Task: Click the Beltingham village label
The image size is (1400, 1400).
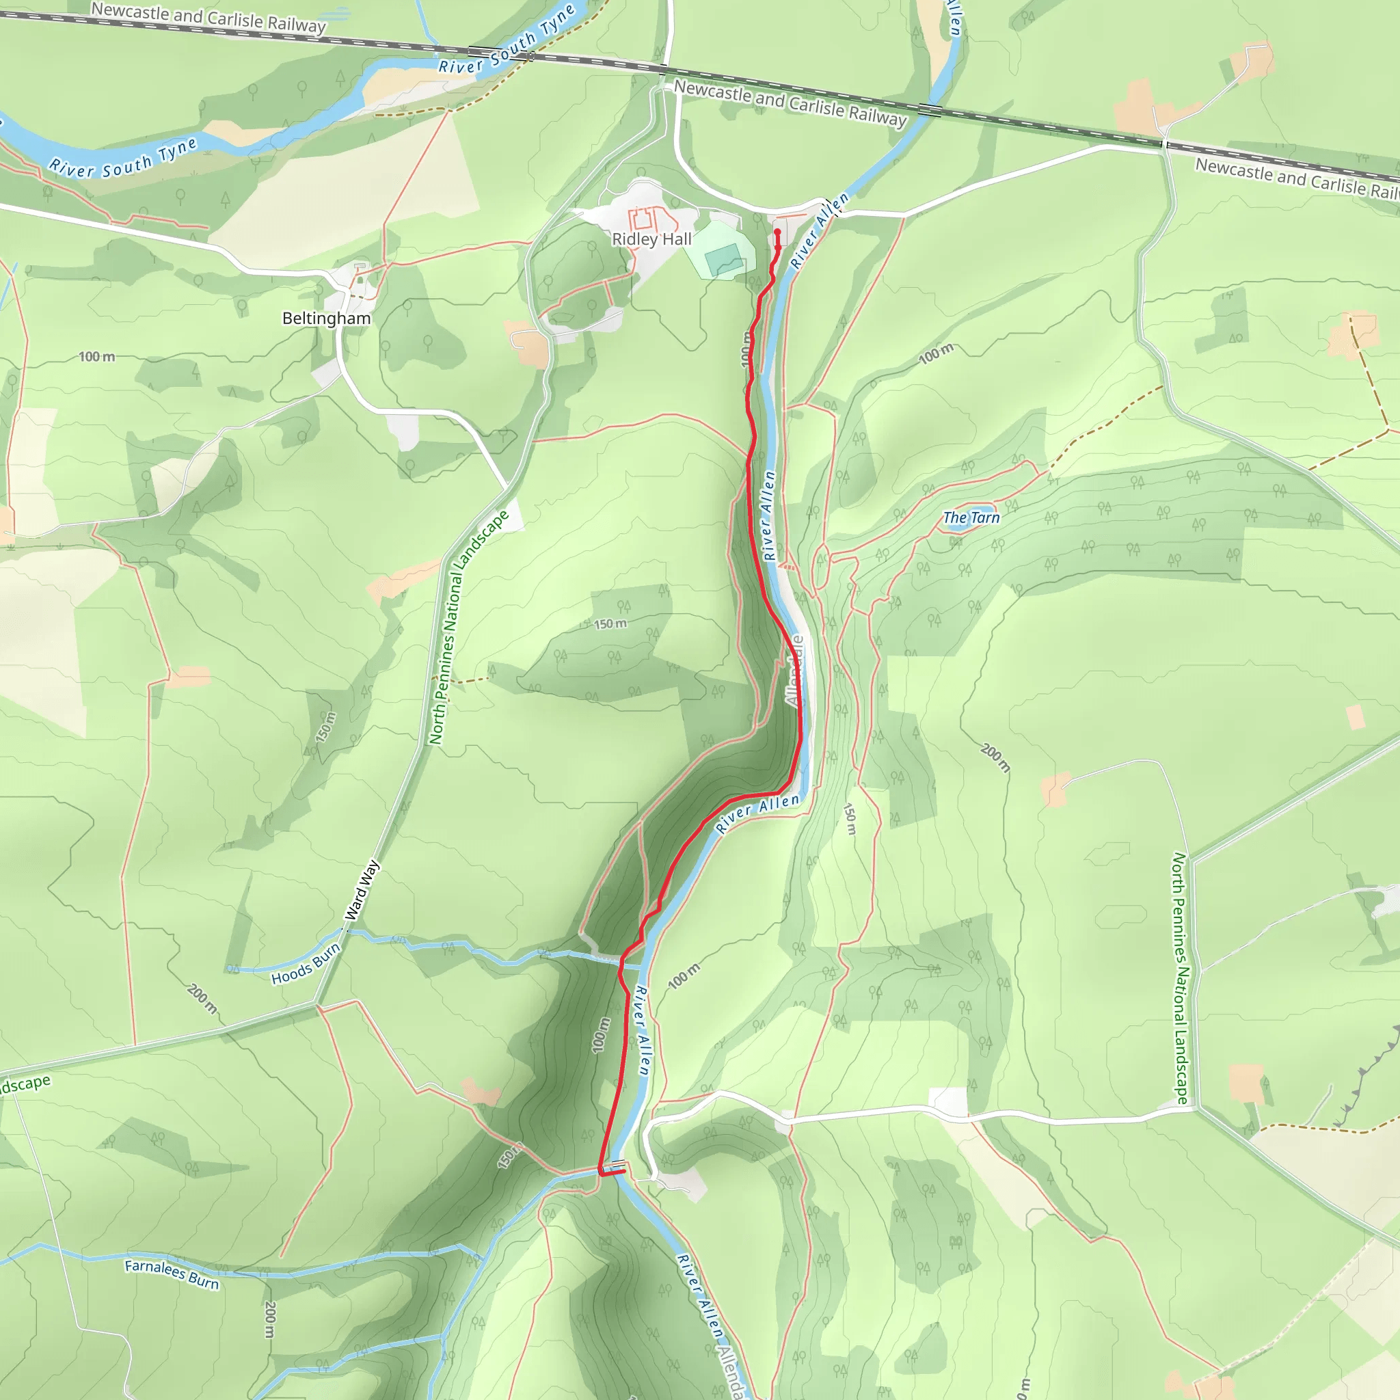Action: pos(326,319)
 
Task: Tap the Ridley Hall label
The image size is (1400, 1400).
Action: pos(651,239)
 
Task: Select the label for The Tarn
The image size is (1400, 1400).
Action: pos(971,517)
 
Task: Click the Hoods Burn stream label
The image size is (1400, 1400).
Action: pos(306,964)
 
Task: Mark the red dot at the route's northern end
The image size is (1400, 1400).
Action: pos(777,232)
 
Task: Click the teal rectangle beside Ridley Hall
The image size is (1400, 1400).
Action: pos(723,258)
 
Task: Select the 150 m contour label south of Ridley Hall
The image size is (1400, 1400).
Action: pos(610,624)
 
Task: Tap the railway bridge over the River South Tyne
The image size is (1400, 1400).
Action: pos(479,51)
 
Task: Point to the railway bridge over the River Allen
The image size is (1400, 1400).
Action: pos(930,110)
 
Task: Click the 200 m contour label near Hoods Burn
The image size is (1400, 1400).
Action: pos(202,999)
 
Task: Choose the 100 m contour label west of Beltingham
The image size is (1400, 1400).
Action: pos(96,357)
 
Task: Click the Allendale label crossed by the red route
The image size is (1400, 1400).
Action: pos(796,671)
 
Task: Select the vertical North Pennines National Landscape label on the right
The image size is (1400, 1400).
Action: pos(1181,978)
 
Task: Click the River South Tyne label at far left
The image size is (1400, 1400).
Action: pos(123,159)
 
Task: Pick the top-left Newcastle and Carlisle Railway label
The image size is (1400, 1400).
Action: pos(208,17)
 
